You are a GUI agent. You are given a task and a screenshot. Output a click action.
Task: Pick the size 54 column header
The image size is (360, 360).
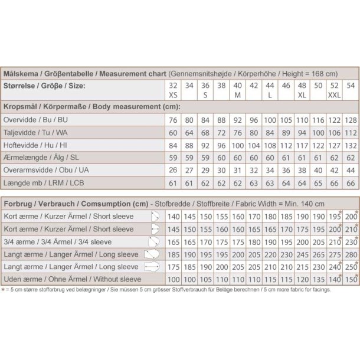[x=351, y=86]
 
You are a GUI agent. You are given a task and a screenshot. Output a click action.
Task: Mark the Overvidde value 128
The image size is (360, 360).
[x=351, y=120]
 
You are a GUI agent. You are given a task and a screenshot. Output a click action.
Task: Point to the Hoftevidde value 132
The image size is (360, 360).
[x=351, y=146]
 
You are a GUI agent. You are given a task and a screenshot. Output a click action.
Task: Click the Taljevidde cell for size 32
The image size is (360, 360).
[x=173, y=133]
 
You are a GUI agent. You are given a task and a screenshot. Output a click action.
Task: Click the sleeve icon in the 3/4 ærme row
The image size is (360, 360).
[x=154, y=242]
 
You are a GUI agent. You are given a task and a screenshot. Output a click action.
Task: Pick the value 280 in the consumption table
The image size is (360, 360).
[x=351, y=254]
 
